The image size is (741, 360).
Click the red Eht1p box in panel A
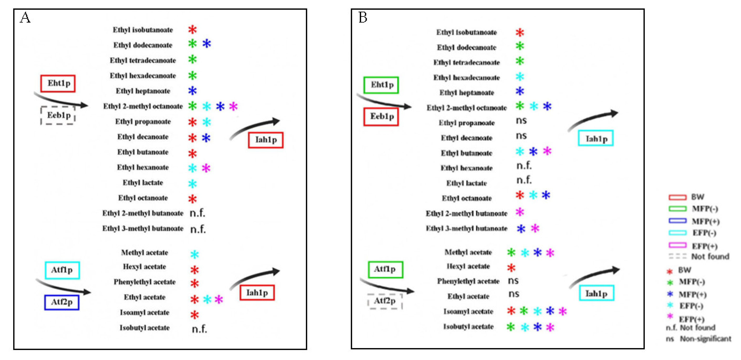click(58, 84)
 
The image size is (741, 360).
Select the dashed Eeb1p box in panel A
click(58, 115)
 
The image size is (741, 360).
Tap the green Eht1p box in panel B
click(381, 85)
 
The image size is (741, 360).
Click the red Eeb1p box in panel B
click(381, 116)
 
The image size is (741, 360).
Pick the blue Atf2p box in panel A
click(62, 302)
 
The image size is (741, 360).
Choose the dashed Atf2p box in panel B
click(385, 301)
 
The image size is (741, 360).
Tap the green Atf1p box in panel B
click(386, 269)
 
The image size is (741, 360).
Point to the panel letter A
click(25, 18)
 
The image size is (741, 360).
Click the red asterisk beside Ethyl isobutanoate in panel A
click(192, 29)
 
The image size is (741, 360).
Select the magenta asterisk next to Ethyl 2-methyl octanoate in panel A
click(233, 106)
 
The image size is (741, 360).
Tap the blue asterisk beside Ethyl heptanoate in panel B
click(520, 92)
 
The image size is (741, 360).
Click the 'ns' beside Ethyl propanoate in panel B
click(521, 121)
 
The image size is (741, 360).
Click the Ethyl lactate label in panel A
click(143, 183)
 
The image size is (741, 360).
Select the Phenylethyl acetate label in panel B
click(468, 281)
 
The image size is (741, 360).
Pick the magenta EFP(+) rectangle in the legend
click(678, 245)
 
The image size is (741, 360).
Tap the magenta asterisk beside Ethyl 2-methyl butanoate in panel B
click(520, 212)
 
